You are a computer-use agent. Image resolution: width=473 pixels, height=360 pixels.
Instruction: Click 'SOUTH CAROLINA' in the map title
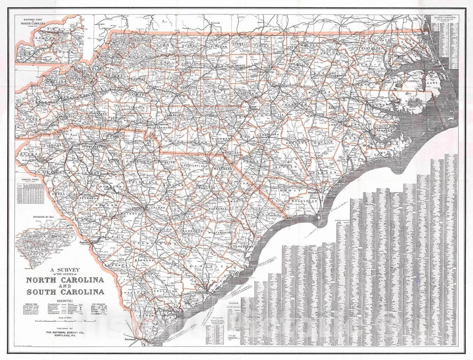tap(65, 292)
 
